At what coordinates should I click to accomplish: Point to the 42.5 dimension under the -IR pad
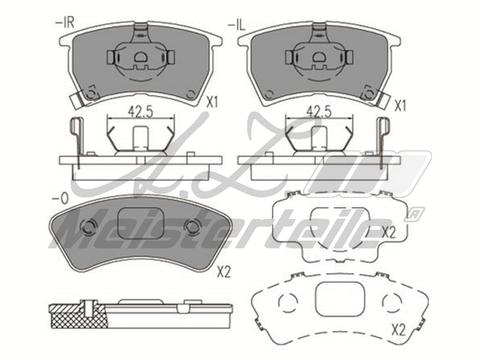tap(139, 111)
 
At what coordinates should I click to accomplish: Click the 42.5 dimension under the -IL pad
tap(319, 111)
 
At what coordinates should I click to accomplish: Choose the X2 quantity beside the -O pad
tap(223, 273)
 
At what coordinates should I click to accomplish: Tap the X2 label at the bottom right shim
tap(399, 329)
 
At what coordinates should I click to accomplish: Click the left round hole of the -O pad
tap(88, 227)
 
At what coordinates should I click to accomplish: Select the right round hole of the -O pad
tap(193, 227)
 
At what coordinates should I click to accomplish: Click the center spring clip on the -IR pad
tap(140, 58)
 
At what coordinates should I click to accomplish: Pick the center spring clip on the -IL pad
tap(319, 58)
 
